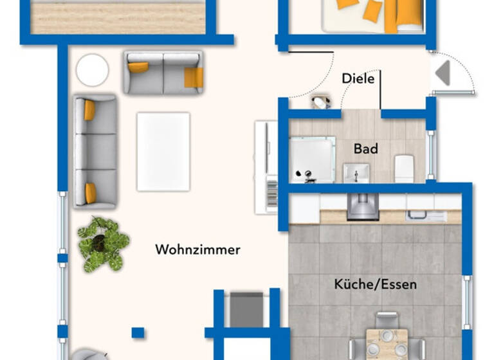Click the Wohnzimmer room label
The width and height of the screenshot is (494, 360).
(197, 249)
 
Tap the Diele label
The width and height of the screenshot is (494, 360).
(358, 78)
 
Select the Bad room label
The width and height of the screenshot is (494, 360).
(365, 148)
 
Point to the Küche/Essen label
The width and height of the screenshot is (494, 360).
(375, 283)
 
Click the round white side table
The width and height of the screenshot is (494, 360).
(92, 69)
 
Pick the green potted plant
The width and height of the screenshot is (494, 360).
(103, 243)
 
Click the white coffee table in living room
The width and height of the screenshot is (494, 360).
(163, 151)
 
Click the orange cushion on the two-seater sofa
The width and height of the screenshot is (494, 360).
(193, 77)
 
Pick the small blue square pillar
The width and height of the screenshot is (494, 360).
(138, 332)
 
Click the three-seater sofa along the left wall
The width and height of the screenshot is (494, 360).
(95, 152)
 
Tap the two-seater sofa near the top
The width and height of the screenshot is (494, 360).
(163, 73)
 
